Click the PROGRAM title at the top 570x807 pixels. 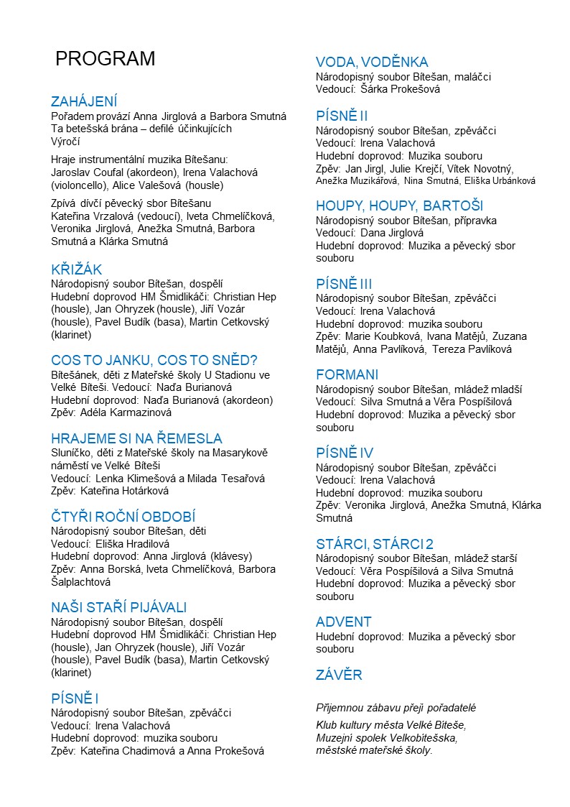[x=105, y=59]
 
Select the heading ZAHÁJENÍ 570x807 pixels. [x=84, y=101]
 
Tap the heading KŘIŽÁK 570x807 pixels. [x=77, y=270]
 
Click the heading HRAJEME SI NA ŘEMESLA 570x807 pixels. [x=136, y=438]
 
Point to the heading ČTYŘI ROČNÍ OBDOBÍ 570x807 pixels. [x=123, y=517]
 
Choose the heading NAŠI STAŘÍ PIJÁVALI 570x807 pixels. [x=118, y=607]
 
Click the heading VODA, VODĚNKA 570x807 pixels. [x=372, y=62]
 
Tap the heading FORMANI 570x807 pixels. [x=347, y=374]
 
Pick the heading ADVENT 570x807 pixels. [x=344, y=622]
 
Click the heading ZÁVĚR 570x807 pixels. [x=339, y=675]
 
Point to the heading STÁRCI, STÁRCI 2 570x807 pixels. [x=375, y=543]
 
